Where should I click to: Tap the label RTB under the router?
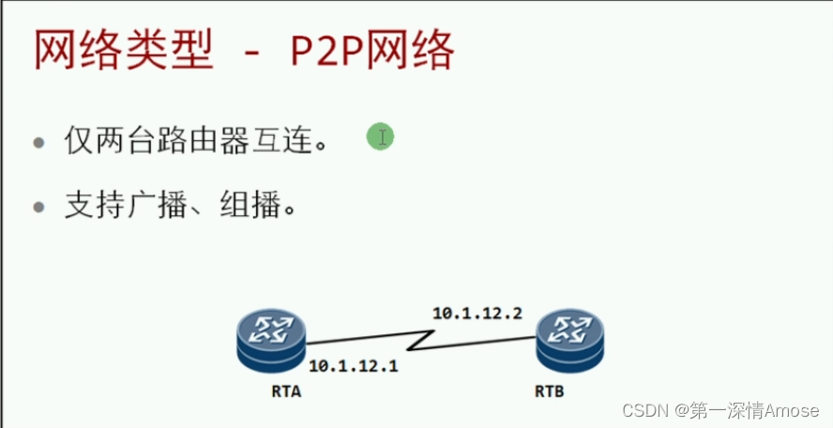point(550,390)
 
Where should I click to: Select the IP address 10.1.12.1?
point(353,366)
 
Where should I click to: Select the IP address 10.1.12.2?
point(477,313)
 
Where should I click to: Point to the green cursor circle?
point(380,138)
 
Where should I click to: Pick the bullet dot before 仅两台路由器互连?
point(38,145)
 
